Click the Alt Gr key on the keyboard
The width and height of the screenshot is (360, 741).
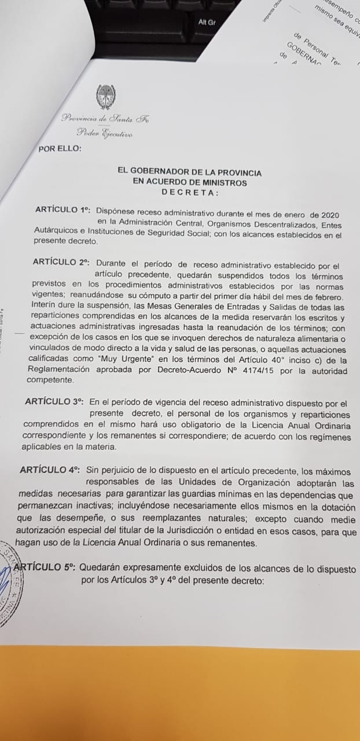(x=207, y=23)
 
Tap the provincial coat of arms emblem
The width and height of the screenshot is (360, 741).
(x=105, y=96)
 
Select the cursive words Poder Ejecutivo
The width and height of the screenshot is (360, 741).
(x=105, y=134)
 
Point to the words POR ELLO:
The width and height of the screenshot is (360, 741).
(x=60, y=148)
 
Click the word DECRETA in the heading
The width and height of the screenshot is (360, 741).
(x=190, y=192)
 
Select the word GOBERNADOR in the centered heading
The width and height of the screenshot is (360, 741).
(x=165, y=173)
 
